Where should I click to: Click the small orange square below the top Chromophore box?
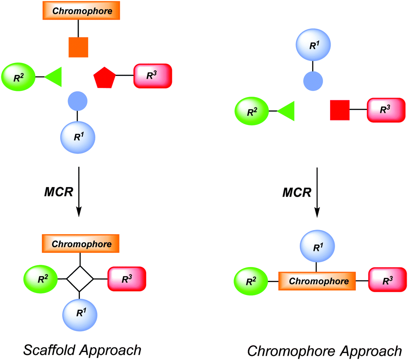click(x=78, y=47)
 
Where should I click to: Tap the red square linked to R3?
click(x=340, y=110)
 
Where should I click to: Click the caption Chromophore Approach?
click(x=324, y=350)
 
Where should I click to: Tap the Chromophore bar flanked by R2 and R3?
click(x=316, y=281)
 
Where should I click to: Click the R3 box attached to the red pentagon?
click(x=153, y=76)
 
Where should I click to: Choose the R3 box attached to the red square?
click(x=386, y=110)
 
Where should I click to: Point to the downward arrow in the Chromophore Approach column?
click(x=317, y=192)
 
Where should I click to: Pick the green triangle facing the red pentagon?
click(x=54, y=77)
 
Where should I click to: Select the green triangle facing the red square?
click(x=287, y=111)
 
